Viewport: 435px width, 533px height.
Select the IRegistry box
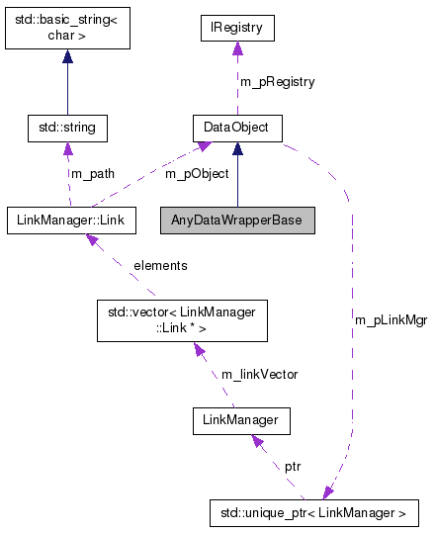click(236, 29)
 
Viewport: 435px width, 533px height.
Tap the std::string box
click(67, 128)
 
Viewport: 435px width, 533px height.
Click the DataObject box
click(236, 128)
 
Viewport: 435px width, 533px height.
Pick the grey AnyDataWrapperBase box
click(237, 220)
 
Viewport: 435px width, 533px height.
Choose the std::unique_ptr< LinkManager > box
click(314, 513)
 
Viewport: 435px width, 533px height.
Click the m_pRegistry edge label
click(278, 82)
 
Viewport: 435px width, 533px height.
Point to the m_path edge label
click(92, 173)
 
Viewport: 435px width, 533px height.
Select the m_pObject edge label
click(197, 173)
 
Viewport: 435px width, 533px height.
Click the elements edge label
click(160, 265)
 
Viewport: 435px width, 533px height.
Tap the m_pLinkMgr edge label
click(391, 321)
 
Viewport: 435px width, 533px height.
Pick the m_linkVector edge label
click(260, 374)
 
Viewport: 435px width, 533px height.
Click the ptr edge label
click(294, 465)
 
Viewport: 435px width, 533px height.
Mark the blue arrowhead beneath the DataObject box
click(237, 149)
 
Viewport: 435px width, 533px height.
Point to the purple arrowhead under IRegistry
click(236, 49)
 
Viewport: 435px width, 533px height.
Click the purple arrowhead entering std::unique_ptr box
click(327, 492)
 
